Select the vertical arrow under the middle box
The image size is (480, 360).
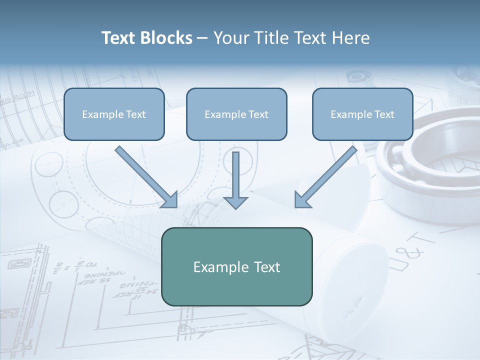pos(235,177)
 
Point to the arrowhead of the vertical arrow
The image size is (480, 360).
pos(235,202)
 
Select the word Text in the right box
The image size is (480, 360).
pos(384,114)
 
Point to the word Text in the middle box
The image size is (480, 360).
pos(258,114)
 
